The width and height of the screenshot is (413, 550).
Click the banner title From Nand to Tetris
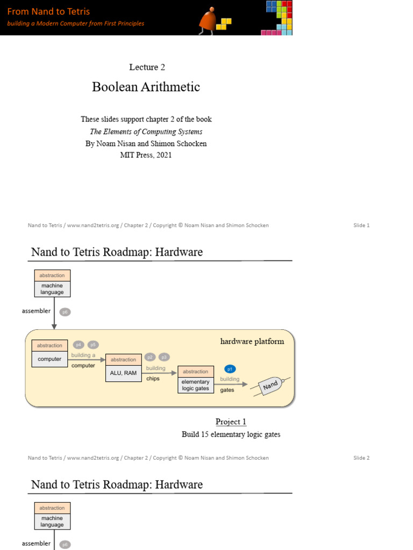(x=48, y=11)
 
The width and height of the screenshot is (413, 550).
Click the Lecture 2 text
(x=147, y=67)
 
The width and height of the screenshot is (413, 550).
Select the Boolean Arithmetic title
(x=146, y=87)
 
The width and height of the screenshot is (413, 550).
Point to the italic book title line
(x=146, y=132)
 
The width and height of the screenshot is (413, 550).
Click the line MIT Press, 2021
(x=146, y=155)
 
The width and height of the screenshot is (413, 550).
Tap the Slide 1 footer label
(x=361, y=226)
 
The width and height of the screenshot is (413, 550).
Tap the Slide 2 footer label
(x=361, y=458)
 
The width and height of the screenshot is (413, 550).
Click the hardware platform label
(x=252, y=341)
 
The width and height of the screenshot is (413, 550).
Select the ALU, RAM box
(x=123, y=372)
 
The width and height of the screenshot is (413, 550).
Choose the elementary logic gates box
(x=195, y=385)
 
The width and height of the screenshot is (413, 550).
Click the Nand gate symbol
(x=271, y=385)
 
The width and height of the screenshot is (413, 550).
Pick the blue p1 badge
(x=230, y=369)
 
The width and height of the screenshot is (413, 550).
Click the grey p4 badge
(x=79, y=345)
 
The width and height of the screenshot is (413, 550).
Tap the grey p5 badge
(x=92, y=345)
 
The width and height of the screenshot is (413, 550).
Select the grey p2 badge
(x=151, y=357)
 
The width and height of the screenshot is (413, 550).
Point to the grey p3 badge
(x=164, y=357)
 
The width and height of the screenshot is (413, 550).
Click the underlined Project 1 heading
(x=231, y=422)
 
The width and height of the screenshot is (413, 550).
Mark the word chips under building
(x=153, y=379)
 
